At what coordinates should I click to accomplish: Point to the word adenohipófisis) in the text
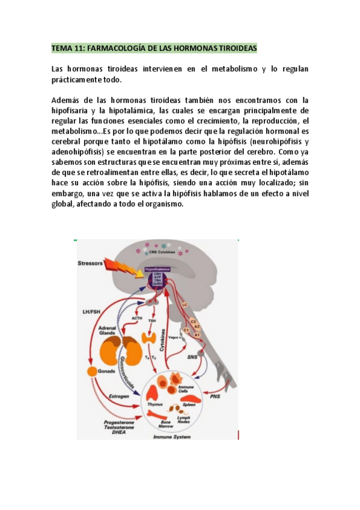pyautogui.click(x=79, y=152)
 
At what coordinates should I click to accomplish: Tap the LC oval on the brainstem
pyautogui.click(x=185, y=306)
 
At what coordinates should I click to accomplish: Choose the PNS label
pyautogui.click(x=215, y=397)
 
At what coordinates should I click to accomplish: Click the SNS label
pyautogui.click(x=193, y=357)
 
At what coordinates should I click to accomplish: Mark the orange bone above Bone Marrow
pyautogui.click(x=166, y=407)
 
